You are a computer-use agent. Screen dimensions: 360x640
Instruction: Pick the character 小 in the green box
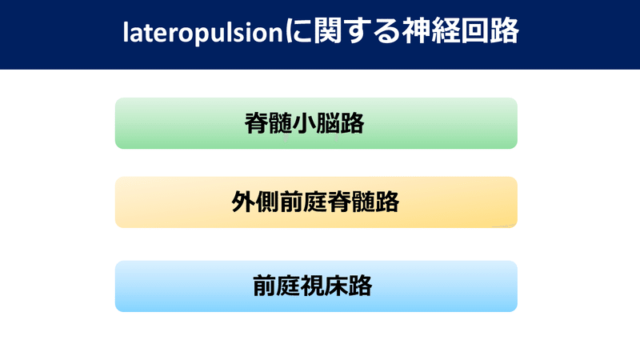304,123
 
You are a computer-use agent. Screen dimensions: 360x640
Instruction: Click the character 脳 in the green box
328,123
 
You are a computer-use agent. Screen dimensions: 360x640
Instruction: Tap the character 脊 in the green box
256,123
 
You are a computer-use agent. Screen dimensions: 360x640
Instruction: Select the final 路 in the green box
352,123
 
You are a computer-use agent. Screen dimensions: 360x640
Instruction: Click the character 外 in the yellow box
244,202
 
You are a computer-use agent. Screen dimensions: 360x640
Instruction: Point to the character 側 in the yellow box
268,202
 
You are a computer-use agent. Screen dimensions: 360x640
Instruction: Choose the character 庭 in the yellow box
316,202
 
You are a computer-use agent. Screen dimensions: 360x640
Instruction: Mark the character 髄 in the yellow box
364,202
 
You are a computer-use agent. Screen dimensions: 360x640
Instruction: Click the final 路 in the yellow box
388,202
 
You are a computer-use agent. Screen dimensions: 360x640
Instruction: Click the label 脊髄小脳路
304,123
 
